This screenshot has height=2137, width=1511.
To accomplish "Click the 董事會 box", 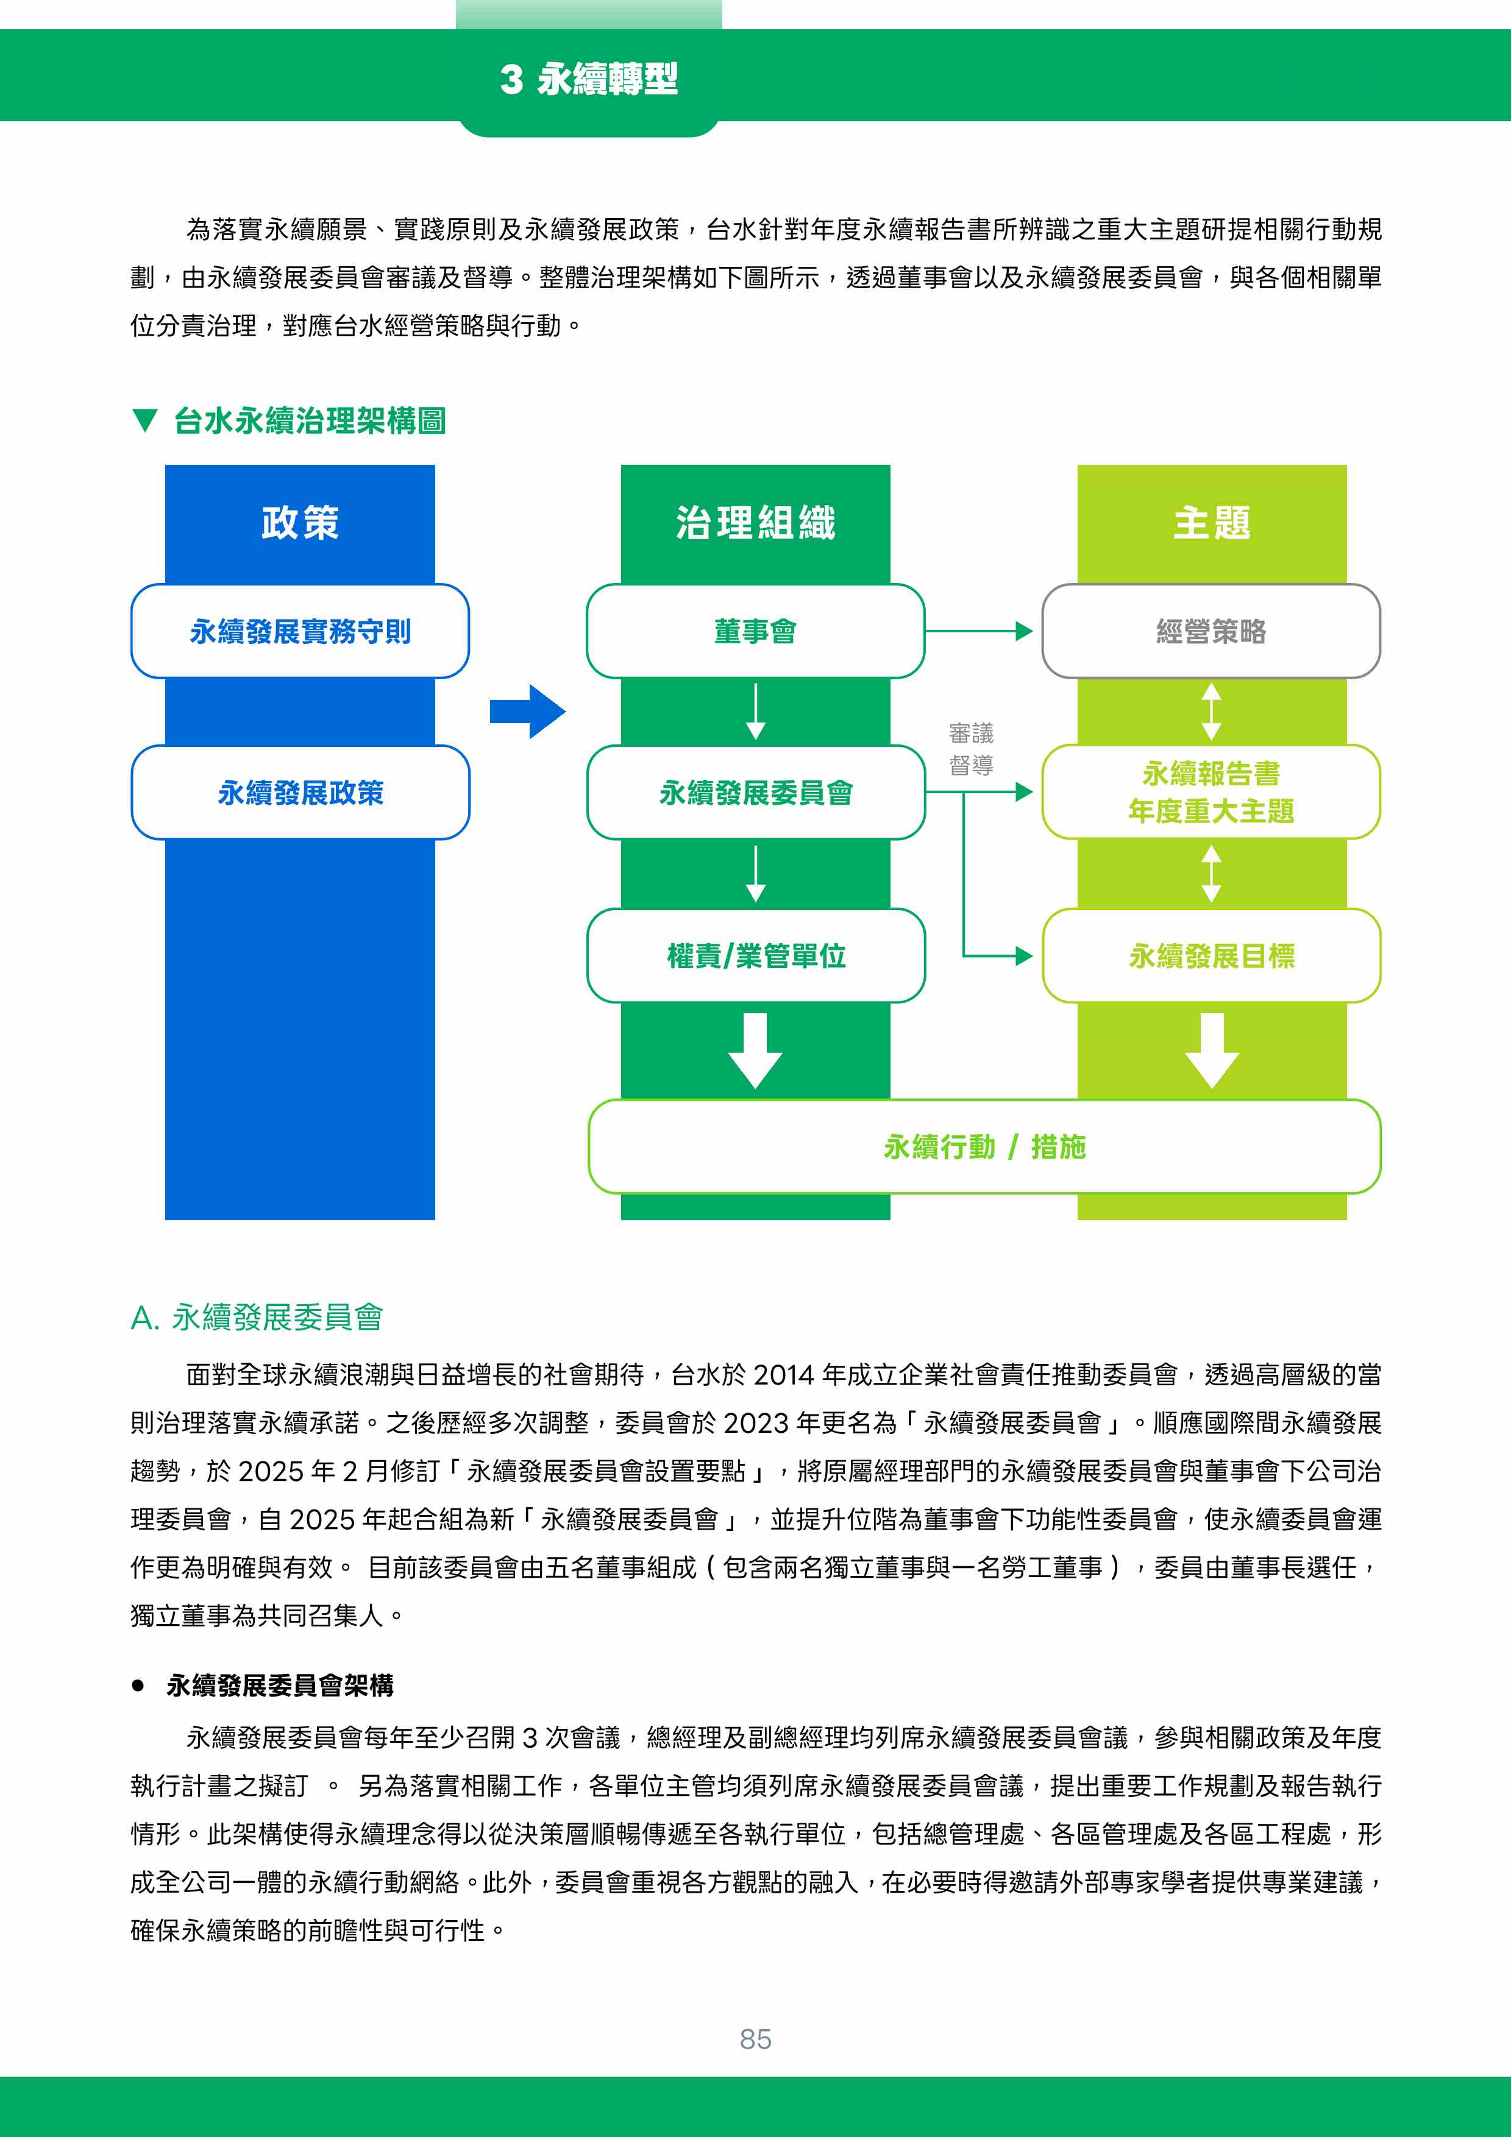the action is tap(755, 631).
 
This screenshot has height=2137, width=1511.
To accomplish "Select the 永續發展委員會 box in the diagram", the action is tap(755, 792).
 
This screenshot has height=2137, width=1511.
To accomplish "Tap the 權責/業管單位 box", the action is tap(755, 956).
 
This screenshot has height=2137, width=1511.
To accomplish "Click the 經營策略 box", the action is tap(1211, 631).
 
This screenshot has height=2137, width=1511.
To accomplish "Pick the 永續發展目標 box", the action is tap(1211, 956).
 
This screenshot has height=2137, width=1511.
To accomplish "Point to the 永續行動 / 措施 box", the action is tap(984, 1146).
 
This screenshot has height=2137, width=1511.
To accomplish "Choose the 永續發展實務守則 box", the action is tap(300, 631).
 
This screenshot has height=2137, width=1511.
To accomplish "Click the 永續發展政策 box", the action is tap(300, 792).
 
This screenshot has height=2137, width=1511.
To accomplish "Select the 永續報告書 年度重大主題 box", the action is tap(1211, 792).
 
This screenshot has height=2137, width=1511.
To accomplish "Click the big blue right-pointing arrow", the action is tap(528, 712).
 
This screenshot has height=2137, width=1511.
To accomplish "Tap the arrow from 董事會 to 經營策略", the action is tap(978, 631).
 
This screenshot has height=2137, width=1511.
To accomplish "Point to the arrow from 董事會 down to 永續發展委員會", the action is tap(756, 712).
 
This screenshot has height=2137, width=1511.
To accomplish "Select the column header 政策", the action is tap(300, 522).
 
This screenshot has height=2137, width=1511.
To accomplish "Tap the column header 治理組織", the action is tap(755, 522).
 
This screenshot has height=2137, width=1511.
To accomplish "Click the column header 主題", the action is tap(1211, 522).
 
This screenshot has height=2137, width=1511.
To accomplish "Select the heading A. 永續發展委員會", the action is tap(257, 1317).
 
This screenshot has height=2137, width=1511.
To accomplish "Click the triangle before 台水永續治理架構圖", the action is tap(144, 421).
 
